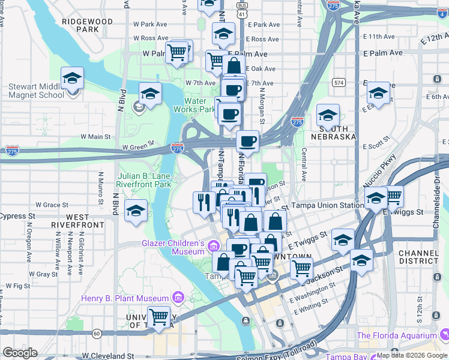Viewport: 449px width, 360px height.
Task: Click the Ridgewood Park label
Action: coord(87,25)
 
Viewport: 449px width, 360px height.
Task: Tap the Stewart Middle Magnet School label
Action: coord(36,91)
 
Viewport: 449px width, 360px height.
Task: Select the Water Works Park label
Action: coord(194,105)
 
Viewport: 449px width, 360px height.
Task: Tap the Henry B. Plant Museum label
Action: coord(125,298)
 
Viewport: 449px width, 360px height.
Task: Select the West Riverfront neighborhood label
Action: coord(79,220)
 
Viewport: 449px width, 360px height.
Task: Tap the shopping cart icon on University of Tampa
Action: coord(158,316)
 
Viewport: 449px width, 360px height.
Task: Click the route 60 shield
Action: coord(97,333)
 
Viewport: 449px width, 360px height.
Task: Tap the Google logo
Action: coord(20,353)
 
